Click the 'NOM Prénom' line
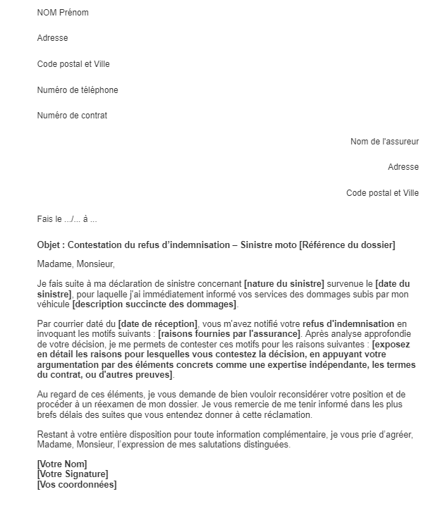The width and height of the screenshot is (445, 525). click(x=63, y=13)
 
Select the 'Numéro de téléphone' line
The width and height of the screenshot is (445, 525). click(x=78, y=90)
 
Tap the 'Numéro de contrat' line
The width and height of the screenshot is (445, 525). click(x=72, y=116)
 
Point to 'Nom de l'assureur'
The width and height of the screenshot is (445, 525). click(x=384, y=142)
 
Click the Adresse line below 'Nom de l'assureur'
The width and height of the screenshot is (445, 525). click(x=403, y=167)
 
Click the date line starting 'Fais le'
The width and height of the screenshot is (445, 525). click(x=67, y=219)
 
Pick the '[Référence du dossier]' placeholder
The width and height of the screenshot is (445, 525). click(x=347, y=245)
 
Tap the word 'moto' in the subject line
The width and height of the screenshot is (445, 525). click(x=285, y=245)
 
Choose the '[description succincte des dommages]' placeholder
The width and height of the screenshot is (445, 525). click(x=154, y=304)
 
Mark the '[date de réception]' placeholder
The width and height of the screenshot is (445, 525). click(x=158, y=323)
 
